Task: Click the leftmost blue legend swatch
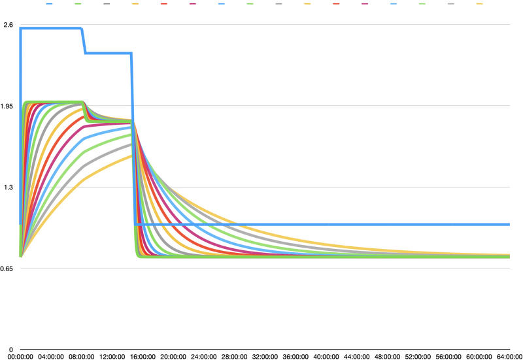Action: click(49, 4)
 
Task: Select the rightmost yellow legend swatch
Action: click(479, 4)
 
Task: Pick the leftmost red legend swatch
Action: click(163, 4)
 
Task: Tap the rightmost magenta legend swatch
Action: click(365, 4)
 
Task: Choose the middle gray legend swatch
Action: click(278, 4)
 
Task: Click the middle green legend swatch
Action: click(250, 4)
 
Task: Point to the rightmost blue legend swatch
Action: click(394, 4)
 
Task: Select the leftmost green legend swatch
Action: click(78, 4)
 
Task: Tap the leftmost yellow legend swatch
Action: click(135, 4)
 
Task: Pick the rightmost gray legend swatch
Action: click(450, 4)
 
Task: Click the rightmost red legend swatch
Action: click(336, 4)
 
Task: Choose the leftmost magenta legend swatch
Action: click(192, 4)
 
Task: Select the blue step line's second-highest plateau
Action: click(108, 53)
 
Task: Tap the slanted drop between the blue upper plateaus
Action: click(83, 41)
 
